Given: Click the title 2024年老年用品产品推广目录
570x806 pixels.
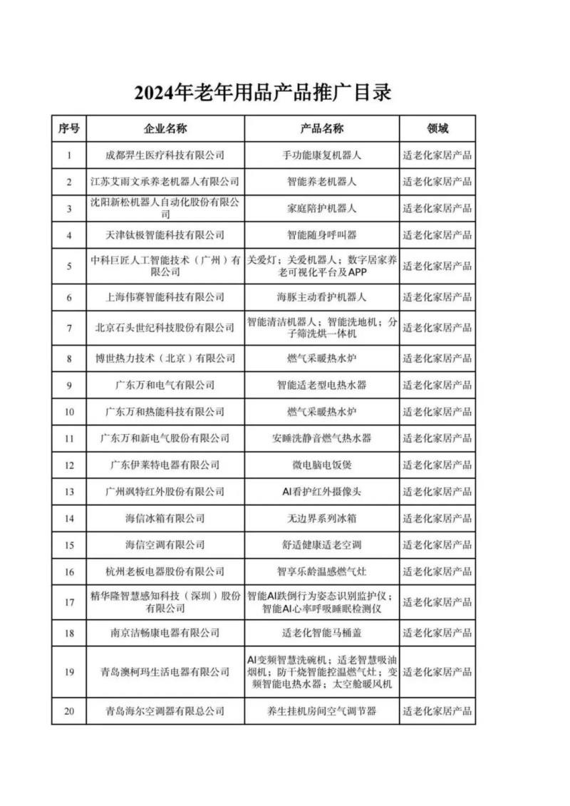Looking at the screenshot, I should (263, 93).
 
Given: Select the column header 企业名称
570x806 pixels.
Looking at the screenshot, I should (165, 129).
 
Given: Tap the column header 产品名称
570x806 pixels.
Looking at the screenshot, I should (321, 129).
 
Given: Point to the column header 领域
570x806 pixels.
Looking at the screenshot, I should (437, 129).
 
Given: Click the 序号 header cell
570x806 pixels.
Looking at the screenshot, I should (69, 129).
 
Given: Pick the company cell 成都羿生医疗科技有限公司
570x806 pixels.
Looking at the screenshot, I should (165, 155).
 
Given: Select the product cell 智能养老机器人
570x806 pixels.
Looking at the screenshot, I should (321, 182).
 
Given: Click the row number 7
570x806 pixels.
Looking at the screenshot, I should (69, 328).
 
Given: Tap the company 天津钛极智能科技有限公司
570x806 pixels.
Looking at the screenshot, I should (165, 234).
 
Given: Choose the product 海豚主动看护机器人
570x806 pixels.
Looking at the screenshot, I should (321, 297).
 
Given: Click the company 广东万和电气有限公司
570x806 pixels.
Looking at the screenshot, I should (165, 385).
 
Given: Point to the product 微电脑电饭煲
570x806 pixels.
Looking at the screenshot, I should (321, 465).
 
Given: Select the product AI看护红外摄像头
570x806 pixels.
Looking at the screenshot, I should (321, 492).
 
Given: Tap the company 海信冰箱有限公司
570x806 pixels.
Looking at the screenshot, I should (165, 518).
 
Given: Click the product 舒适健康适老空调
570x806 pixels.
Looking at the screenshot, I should (321, 545).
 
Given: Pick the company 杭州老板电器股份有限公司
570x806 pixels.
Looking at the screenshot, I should (165, 572).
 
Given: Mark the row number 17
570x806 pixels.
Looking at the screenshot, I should (69, 602).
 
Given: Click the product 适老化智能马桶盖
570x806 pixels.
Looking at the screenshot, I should (321, 633).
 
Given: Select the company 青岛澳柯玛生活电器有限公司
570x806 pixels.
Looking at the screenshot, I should (165, 671).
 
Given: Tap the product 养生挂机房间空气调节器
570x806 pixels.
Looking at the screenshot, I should (321, 711).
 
